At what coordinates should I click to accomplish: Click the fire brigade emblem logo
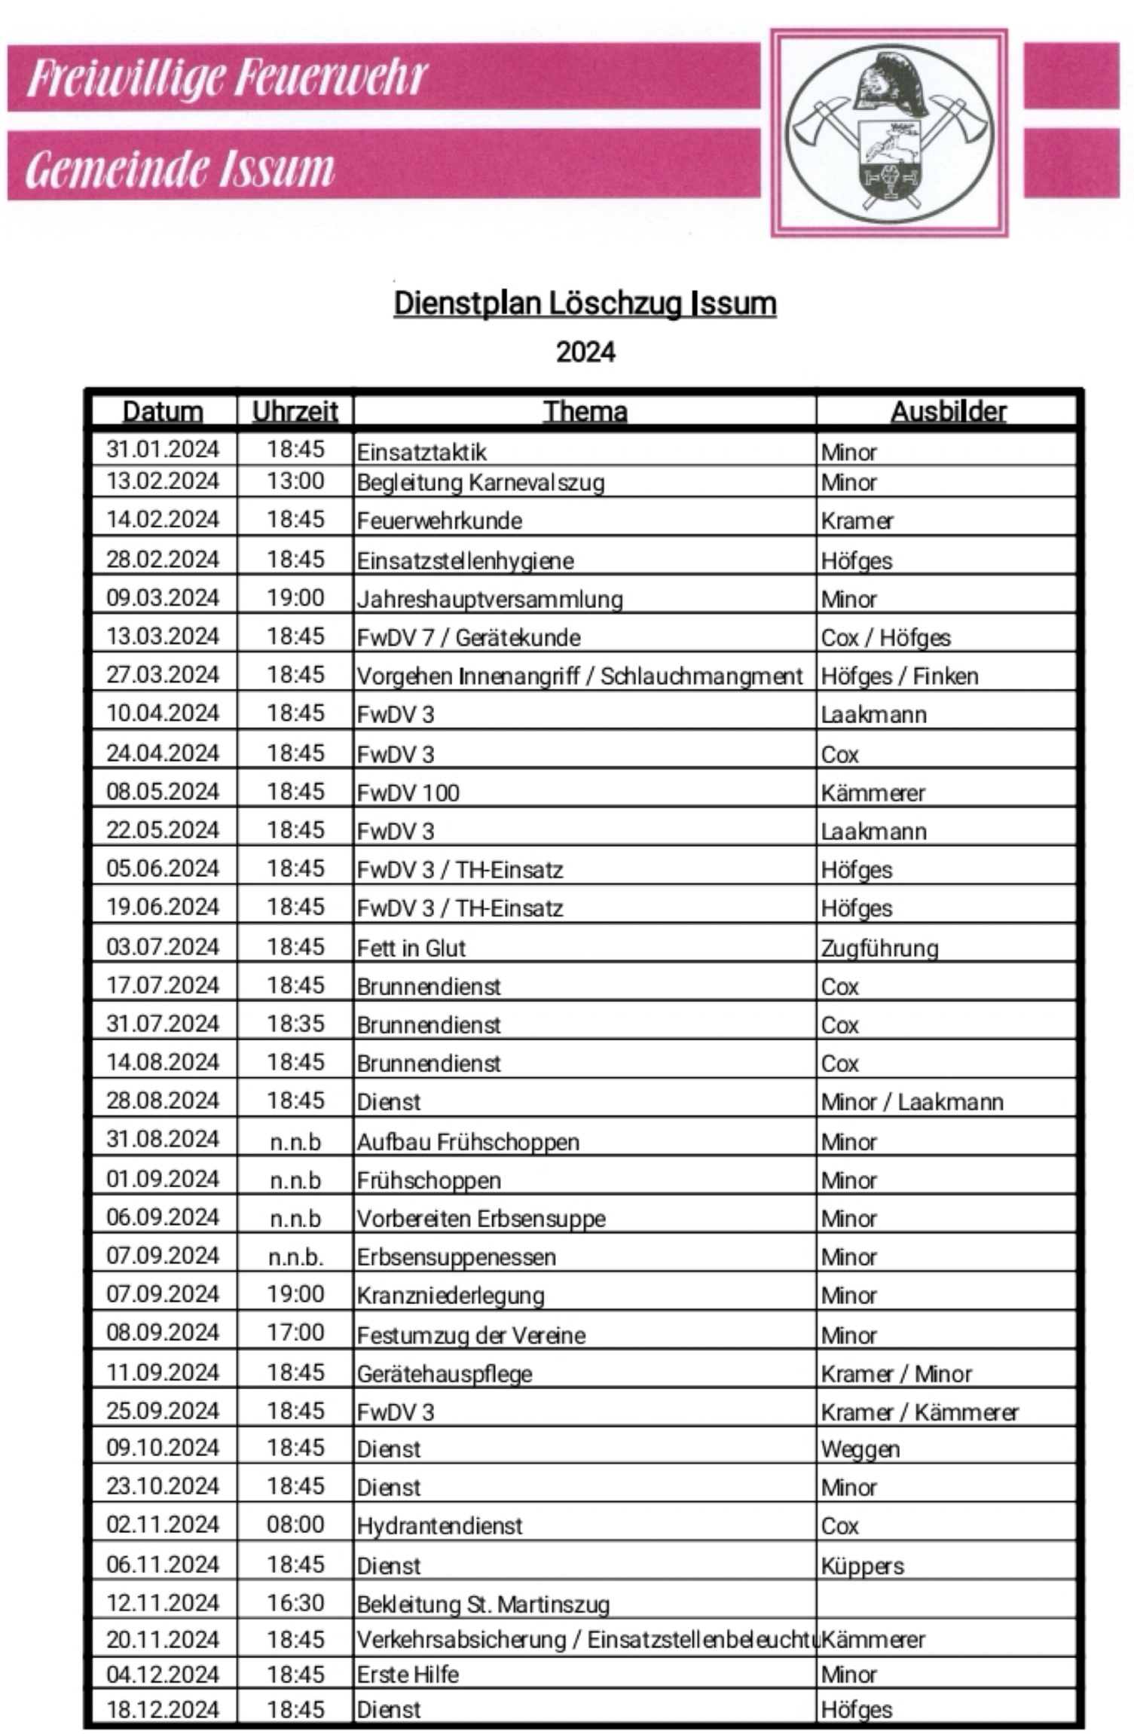click(x=888, y=133)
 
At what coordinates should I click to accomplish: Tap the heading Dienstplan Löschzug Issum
click(x=585, y=304)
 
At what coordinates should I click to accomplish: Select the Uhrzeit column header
click(x=295, y=411)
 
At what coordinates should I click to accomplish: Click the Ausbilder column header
click(x=948, y=411)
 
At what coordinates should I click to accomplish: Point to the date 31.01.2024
click(x=163, y=449)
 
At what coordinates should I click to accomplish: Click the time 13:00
click(x=295, y=481)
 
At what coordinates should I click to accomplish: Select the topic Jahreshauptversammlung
click(x=490, y=600)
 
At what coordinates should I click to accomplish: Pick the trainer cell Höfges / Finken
click(x=899, y=676)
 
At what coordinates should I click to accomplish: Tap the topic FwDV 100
click(x=408, y=792)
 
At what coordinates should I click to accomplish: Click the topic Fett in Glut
click(x=411, y=948)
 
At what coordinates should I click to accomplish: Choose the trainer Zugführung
click(x=879, y=948)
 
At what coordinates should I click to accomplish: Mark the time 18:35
click(x=295, y=1024)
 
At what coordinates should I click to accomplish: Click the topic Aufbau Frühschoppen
click(x=468, y=1142)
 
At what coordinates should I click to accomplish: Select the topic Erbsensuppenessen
click(x=456, y=1257)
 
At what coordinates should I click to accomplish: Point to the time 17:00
click(x=295, y=1333)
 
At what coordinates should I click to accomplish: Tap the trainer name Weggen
click(x=860, y=1449)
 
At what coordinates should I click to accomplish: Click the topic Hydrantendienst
click(x=439, y=1526)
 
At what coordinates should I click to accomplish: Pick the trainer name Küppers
click(x=862, y=1566)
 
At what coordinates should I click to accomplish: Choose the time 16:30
click(x=295, y=1602)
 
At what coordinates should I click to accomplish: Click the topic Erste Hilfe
click(x=408, y=1674)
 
